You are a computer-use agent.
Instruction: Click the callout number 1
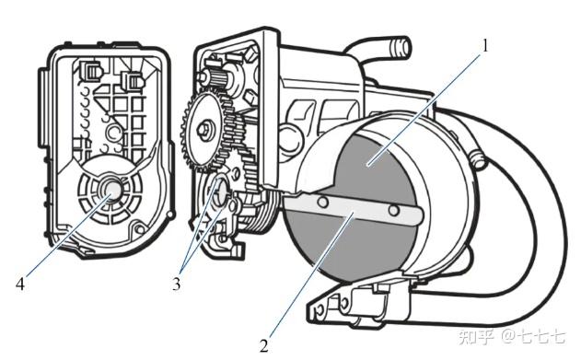pos(484,46)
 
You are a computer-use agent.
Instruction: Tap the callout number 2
pos(264,346)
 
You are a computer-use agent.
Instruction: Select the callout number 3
pos(177,285)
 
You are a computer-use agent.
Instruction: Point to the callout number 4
pos(20,285)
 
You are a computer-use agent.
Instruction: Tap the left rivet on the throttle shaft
pos(323,202)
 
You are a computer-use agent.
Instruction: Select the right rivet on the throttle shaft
pos(394,210)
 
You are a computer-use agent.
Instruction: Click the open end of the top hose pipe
pos(404,47)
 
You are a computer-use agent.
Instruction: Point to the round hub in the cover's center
pos(112,188)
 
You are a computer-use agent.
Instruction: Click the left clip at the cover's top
pos(91,69)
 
